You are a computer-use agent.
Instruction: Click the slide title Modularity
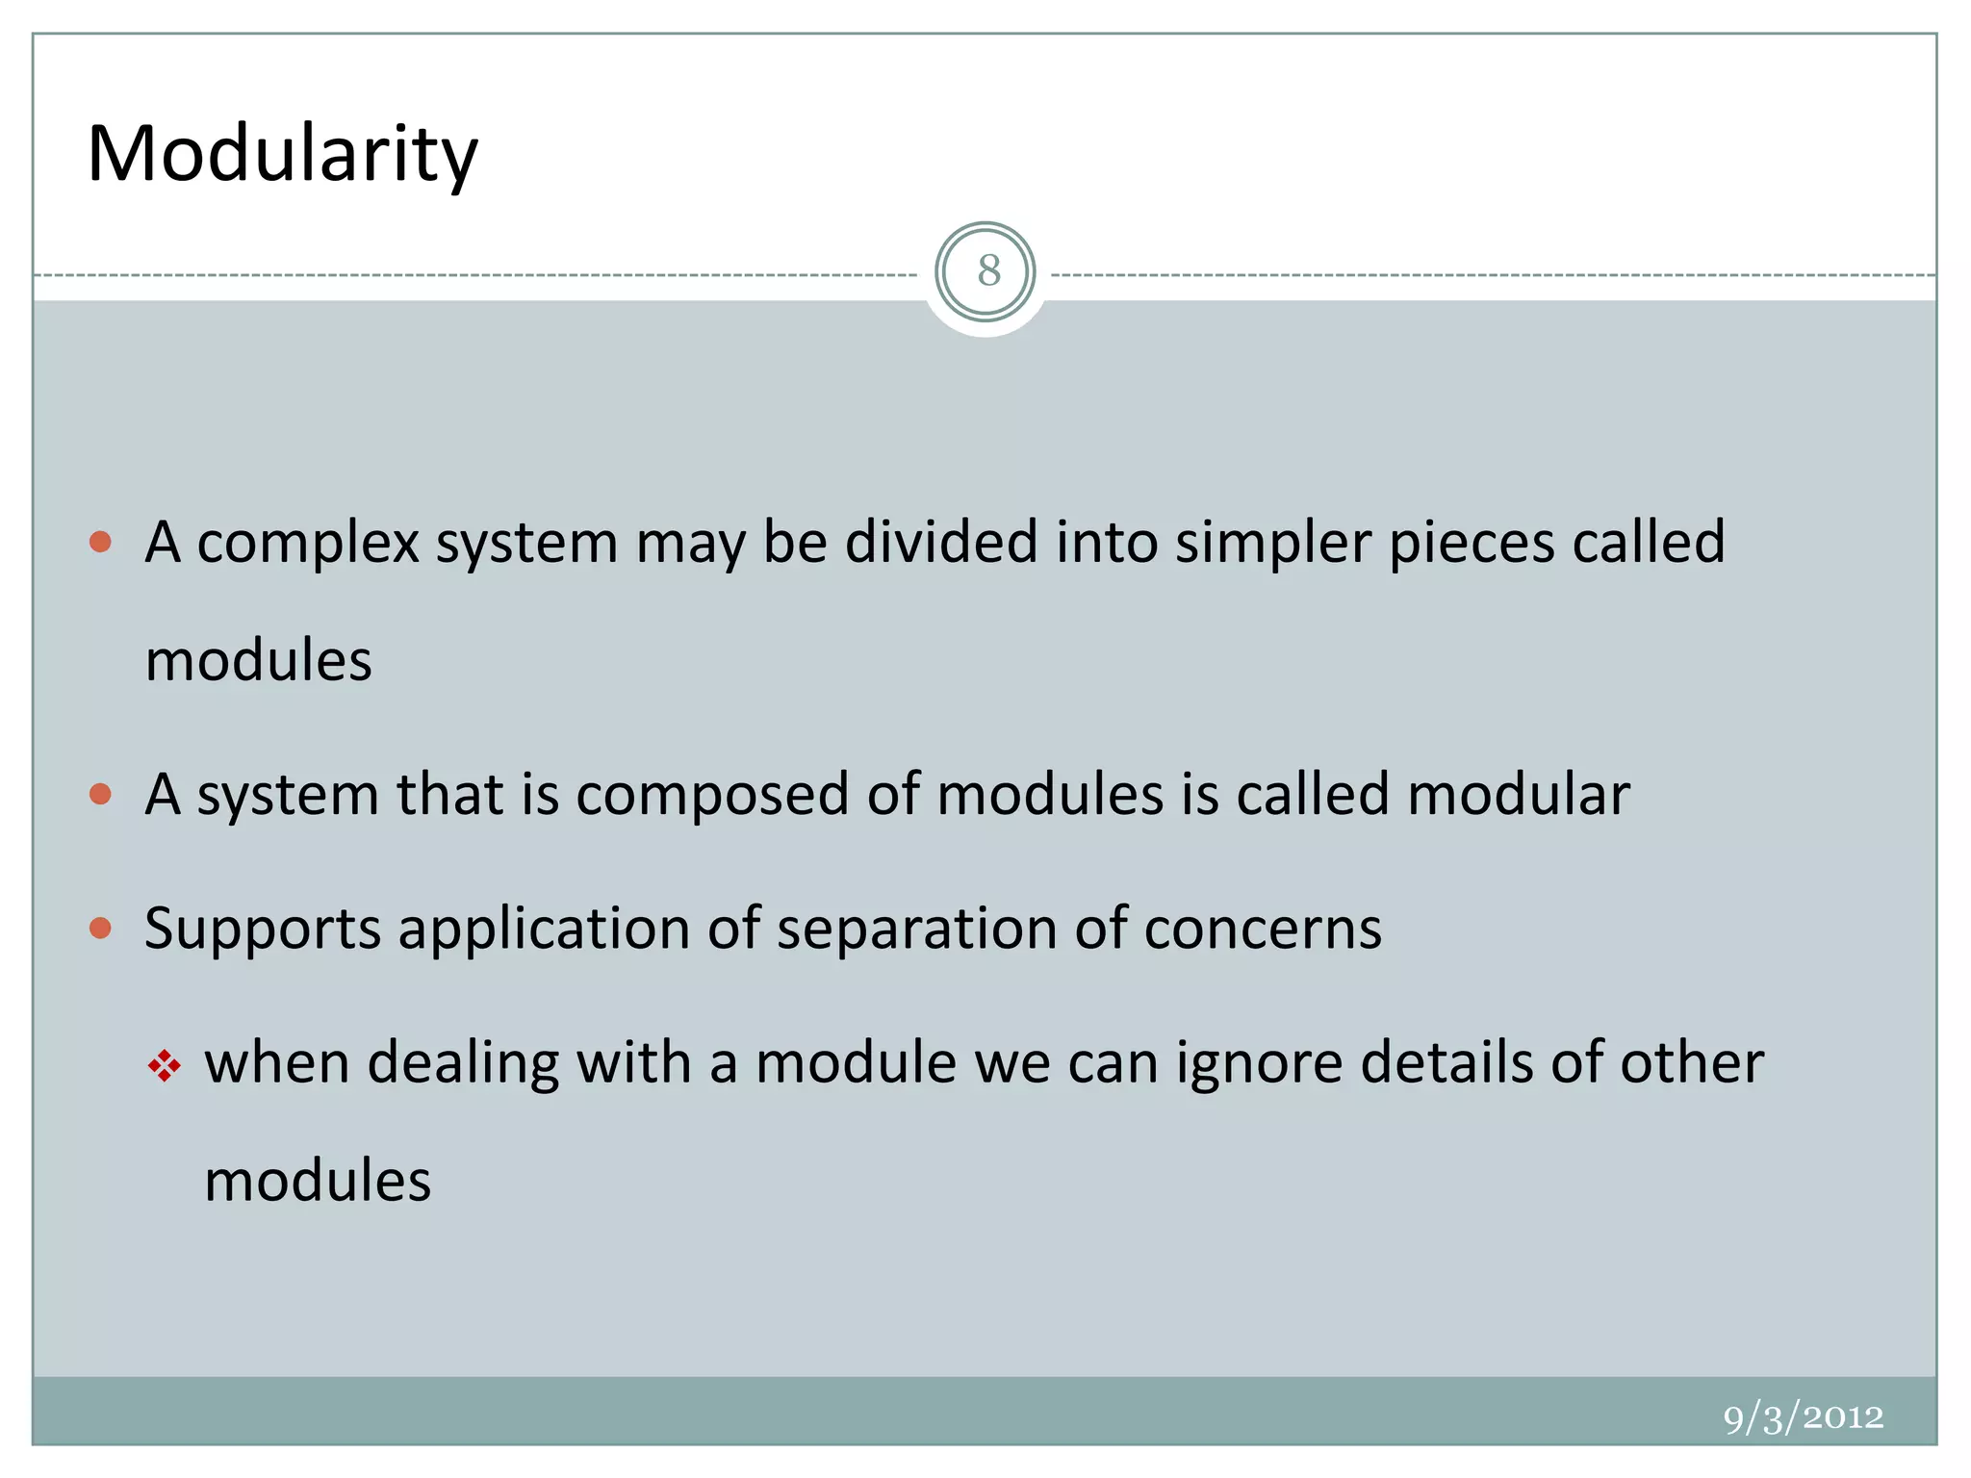tap(282, 154)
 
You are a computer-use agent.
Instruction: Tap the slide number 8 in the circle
tap(987, 271)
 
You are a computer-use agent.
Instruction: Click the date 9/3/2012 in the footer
tap(1803, 1417)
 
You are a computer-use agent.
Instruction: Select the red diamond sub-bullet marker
tap(165, 1065)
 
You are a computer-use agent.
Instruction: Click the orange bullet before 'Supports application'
tap(100, 928)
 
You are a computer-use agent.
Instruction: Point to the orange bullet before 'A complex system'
tap(100, 542)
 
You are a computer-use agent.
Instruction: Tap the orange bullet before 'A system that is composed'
tap(100, 794)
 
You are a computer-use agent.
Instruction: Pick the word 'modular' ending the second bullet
tap(1519, 795)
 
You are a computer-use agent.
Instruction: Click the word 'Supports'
tap(263, 930)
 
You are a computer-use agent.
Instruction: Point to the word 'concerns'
tap(1263, 930)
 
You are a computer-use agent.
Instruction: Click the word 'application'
tap(544, 930)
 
